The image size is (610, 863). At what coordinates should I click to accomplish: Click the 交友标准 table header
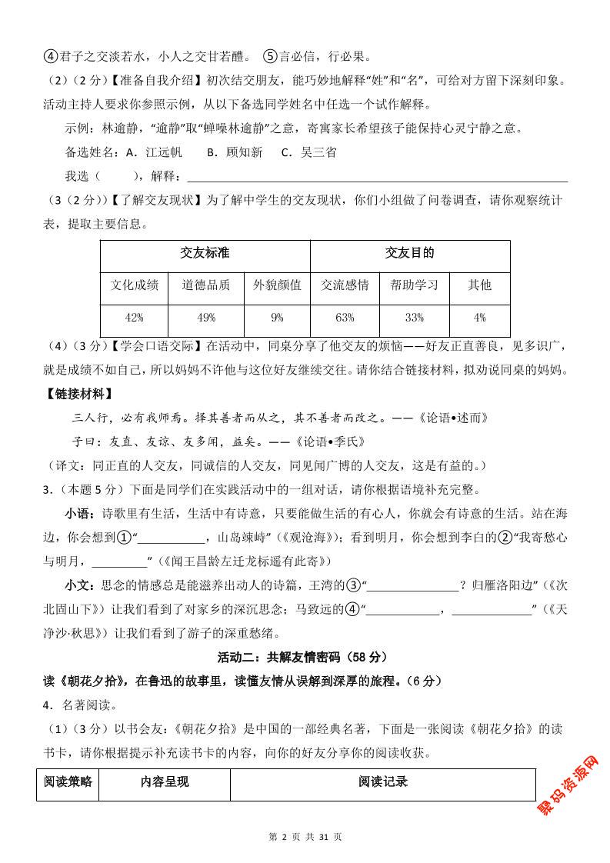click(205, 253)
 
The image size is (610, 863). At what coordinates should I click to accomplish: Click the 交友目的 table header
click(409, 253)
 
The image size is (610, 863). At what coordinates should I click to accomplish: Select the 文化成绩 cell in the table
click(134, 285)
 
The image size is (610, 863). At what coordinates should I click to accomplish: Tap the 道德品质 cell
click(205, 285)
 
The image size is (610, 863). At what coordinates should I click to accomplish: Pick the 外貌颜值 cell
click(277, 285)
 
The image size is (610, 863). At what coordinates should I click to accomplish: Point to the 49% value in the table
click(205, 318)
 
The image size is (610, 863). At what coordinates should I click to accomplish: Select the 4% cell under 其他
click(479, 318)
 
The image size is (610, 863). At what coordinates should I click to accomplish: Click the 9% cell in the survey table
click(277, 318)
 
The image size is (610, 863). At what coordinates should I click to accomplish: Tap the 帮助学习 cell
click(414, 285)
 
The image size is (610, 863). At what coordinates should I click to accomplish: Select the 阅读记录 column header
click(382, 782)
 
